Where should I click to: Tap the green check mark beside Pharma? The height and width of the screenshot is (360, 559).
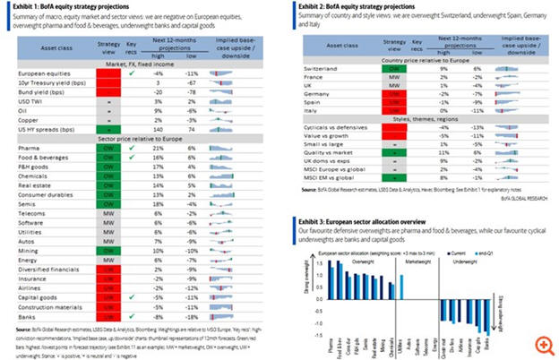(x=133, y=148)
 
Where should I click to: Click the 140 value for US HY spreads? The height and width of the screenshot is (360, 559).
(x=160, y=130)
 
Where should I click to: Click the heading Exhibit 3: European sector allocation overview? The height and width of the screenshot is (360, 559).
(x=377, y=220)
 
